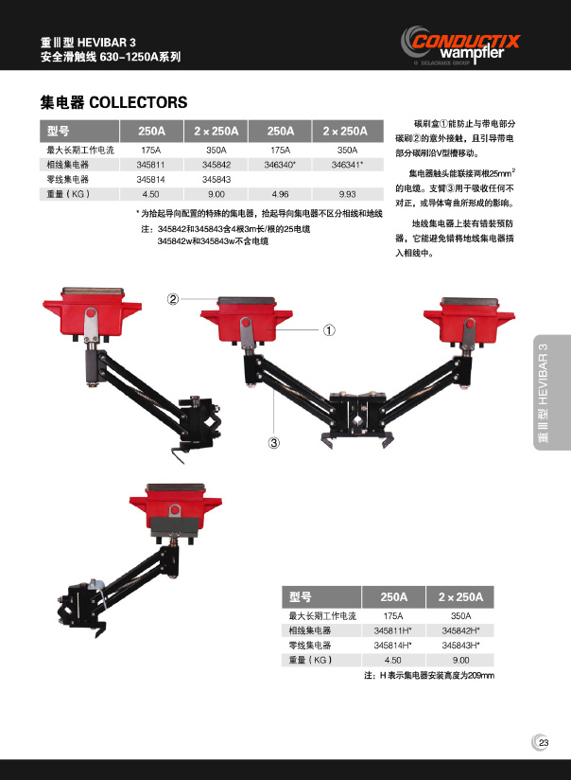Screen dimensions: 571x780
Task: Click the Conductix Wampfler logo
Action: pyautogui.click(x=460, y=45)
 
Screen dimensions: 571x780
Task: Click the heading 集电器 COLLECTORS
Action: pyautogui.click(x=113, y=102)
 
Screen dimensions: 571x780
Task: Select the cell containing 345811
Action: pyautogui.click(x=150, y=165)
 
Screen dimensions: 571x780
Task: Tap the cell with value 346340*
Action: pyautogui.click(x=280, y=165)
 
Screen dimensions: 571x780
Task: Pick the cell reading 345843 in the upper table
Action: pyautogui.click(x=216, y=179)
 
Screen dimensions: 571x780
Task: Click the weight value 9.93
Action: pyautogui.click(x=348, y=194)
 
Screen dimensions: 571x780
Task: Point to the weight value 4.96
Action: pyautogui.click(x=280, y=194)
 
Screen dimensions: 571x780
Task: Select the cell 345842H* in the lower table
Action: pyautogui.click(x=460, y=630)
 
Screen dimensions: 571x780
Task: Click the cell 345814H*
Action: pyautogui.click(x=392, y=646)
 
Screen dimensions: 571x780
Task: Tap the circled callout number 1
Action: pyautogui.click(x=329, y=329)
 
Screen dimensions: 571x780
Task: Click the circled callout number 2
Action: pyautogui.click(x=172, y=299)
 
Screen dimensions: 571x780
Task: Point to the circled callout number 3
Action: pyautogui.click(x=274, y=442)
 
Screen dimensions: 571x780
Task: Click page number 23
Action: pyautogui.click(x=544, y=743)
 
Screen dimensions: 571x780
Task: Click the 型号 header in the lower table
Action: pyautogui.click(x=301, y=597)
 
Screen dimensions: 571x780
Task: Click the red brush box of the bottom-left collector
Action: pyautogui.click(x=175, y=508)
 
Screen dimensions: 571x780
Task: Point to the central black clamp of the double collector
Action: pyautogui.click(x=357, y=413)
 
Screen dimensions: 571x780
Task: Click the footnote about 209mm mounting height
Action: pyautogui.click(x=429, y=676)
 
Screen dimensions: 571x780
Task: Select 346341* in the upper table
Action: pyautogui.click(x=347, y=165)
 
